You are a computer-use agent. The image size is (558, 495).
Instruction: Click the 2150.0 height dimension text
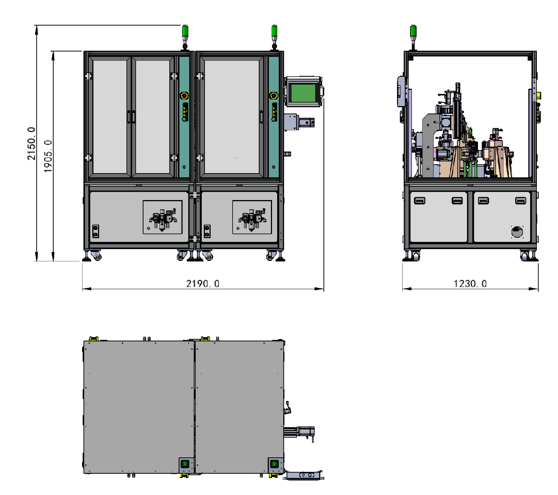[x=31, y=143]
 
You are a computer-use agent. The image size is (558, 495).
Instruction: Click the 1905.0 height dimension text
[x=47, y=156]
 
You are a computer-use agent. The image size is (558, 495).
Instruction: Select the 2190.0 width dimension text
[x=203, y=284]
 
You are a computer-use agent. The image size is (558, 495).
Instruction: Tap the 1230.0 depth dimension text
[x=470, y=284]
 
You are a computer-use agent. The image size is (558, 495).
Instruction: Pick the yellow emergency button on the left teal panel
[x=184, y=96]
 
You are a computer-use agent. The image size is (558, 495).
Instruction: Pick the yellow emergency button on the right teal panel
[x=273, y=96]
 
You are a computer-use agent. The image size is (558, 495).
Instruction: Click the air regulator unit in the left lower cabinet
[x=163, y=219]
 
